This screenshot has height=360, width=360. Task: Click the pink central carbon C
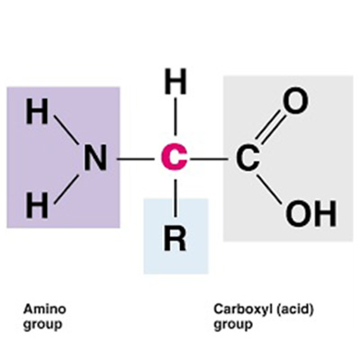(174, 157)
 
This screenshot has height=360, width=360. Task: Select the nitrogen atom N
(94, 157)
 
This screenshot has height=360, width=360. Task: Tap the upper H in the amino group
(37, 112)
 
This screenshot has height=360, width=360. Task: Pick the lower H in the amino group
(37, 205)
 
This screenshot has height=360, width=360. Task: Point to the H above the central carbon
(175, 81)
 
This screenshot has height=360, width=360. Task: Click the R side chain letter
(175, 238)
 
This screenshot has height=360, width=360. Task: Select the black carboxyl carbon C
(247, 157)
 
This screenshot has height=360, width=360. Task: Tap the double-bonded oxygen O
(296, 101)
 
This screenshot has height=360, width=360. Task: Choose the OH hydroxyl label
(310, 214)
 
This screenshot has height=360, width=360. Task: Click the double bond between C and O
(269, 127)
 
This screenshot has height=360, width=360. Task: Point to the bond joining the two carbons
(208, 158)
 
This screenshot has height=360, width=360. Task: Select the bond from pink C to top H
(175, 115)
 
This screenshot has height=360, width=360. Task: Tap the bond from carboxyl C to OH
(269, 189)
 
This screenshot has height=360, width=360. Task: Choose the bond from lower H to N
(67, 189)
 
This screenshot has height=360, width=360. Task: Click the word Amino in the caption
(45, 309)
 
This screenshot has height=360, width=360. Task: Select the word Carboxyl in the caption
(241, 310)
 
